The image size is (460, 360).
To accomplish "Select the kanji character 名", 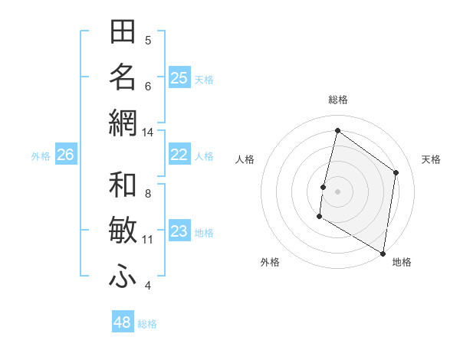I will pos(123,77).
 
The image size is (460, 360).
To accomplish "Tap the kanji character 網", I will pos(123,123).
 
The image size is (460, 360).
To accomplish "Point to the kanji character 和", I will pos(123,186).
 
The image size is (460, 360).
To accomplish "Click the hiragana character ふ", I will pos(123,277).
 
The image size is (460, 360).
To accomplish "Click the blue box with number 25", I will pos(179,78).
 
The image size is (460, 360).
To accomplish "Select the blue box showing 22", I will pos(179,155).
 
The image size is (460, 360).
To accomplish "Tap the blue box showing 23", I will pos(179,232).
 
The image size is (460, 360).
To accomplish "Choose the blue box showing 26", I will pos(65,155).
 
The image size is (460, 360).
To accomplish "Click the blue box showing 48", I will pos(123,322).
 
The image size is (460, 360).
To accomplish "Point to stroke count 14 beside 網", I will pos(147,133).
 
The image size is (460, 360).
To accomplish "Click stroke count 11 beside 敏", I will pos(147,240).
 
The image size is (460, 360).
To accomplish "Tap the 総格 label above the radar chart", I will pos(337,100).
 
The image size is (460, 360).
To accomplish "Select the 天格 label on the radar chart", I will pos(432,159).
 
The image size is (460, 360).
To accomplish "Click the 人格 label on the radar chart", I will pos(245,159).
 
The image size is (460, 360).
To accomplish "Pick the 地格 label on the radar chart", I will pos(402,262).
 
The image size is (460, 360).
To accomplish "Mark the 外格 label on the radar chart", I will pos(270,262).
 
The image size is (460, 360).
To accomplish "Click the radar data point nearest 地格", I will pos(383,253).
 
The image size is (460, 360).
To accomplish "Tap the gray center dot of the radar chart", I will pos(337,191).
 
